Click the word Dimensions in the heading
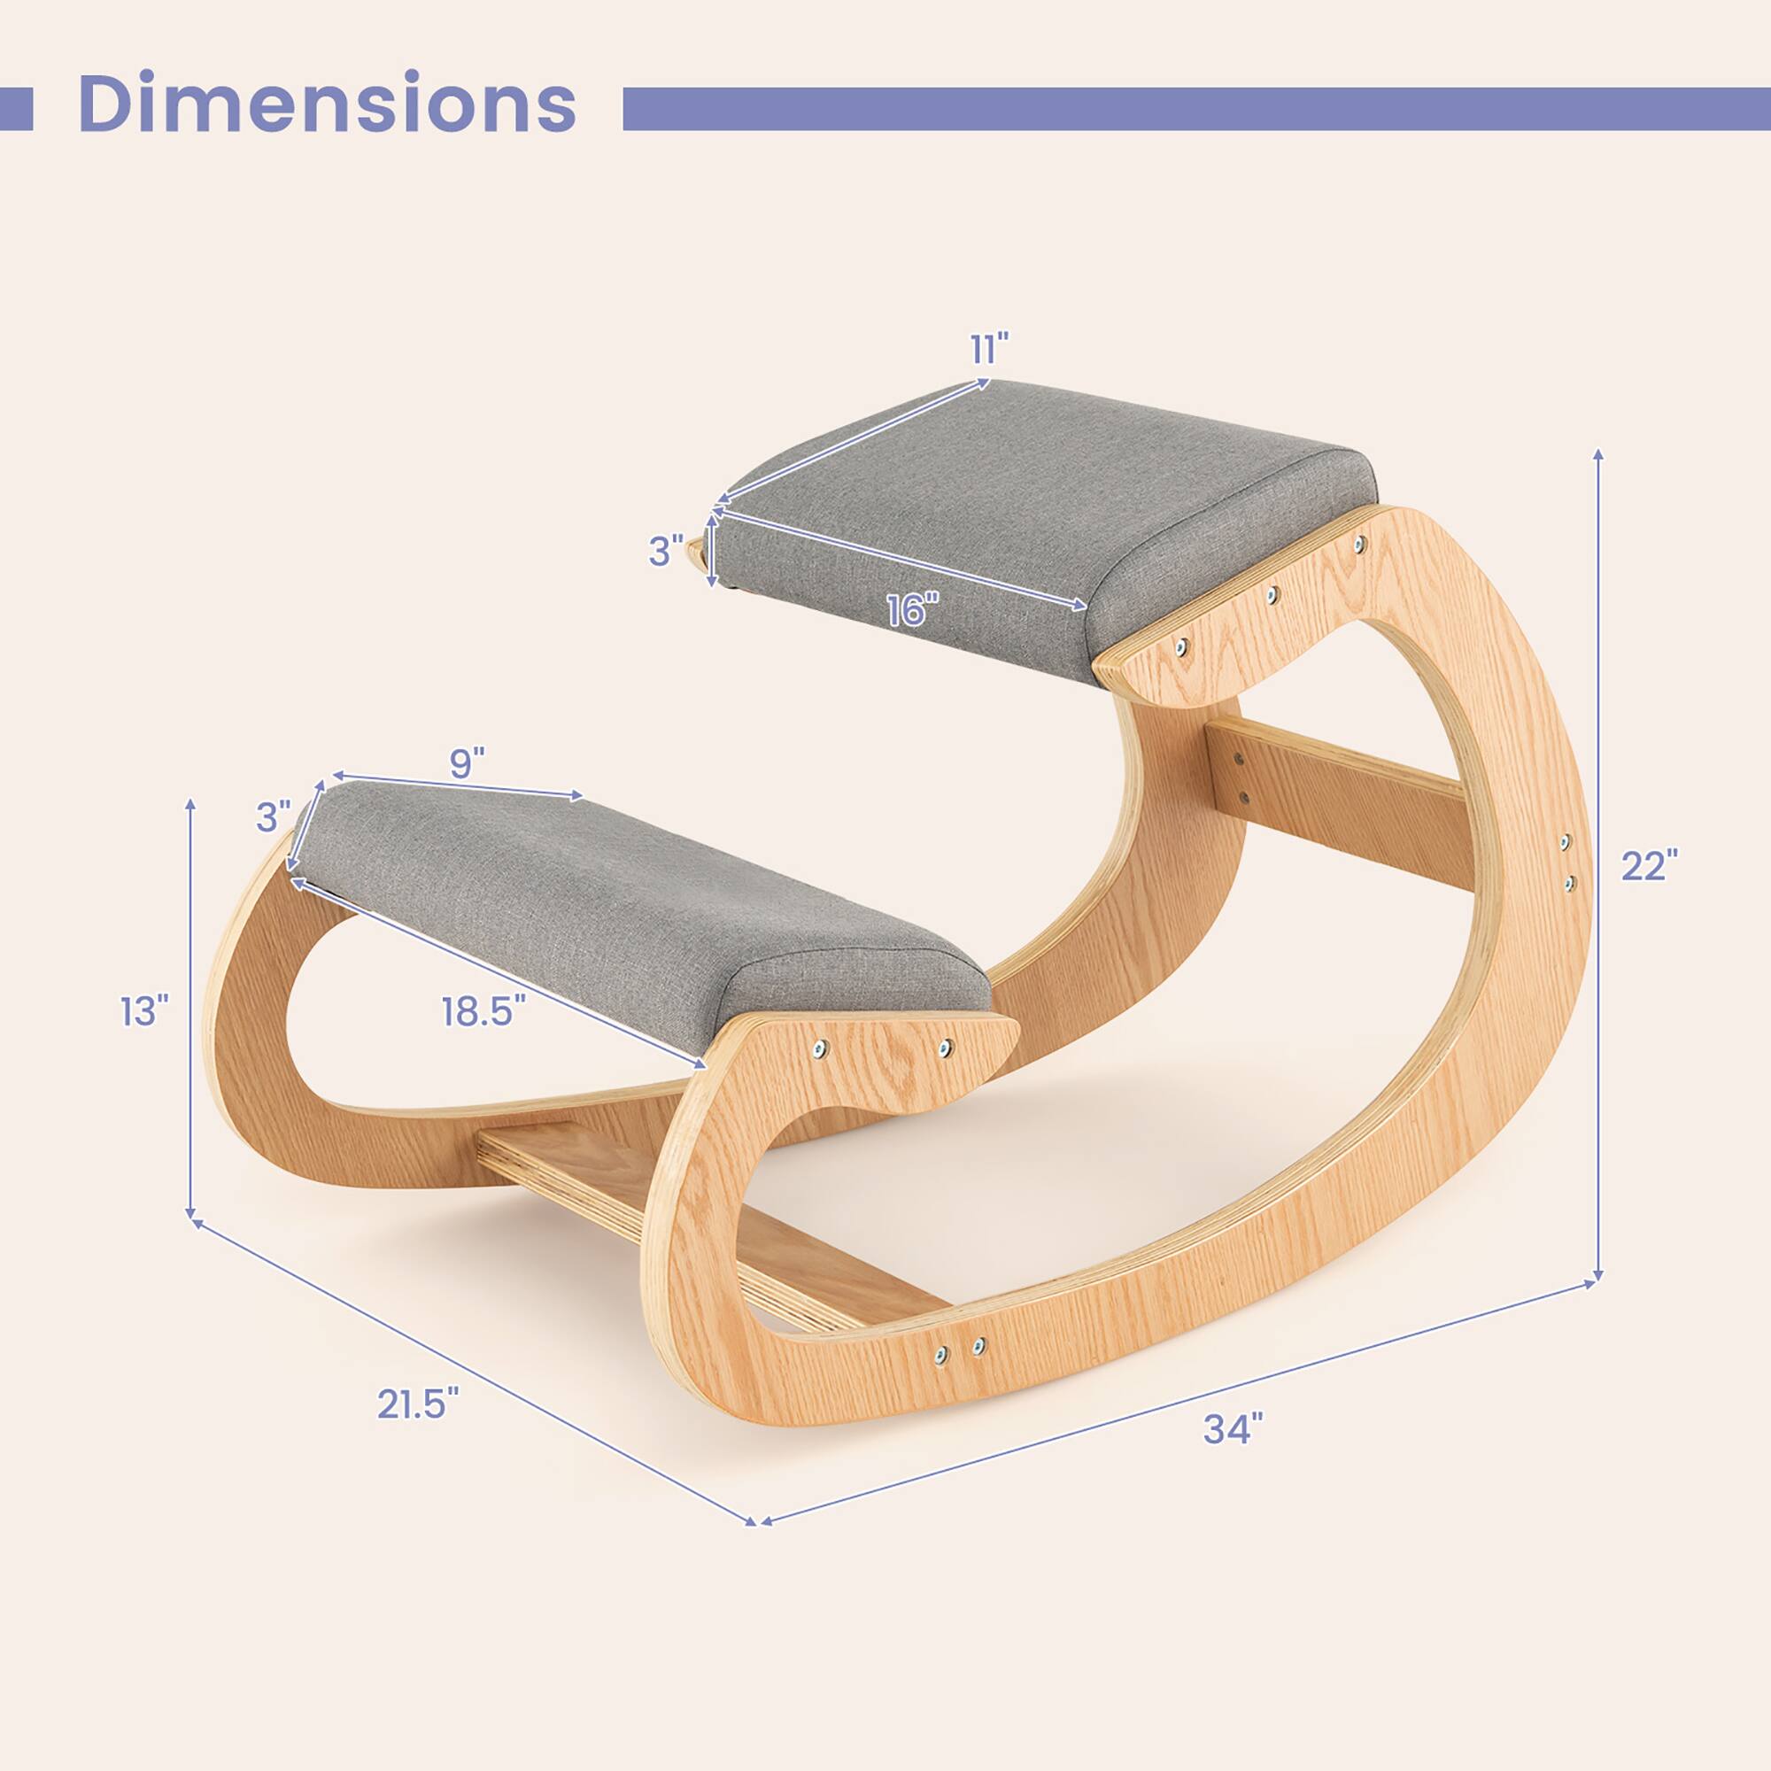coord(328,105)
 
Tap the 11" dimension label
coord(989,348)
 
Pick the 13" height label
coord(145,1012)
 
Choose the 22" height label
coord(1648,865)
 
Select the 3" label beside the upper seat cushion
coord(667,551)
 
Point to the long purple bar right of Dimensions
coord(1192,108)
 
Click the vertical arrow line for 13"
coord(190,1009)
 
